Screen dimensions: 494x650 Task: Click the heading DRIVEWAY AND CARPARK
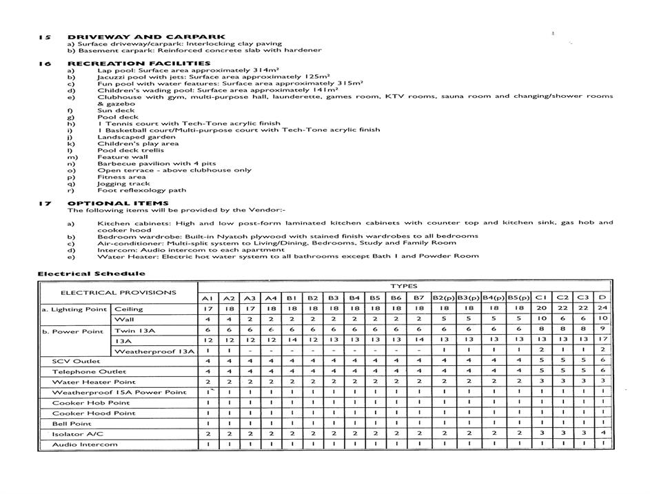(146, 37)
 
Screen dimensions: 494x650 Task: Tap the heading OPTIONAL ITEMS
(118, 203)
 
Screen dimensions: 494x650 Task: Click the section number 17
(45, 203)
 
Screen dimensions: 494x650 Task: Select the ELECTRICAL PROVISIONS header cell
(118, 292)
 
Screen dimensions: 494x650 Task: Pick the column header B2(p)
(443, 298)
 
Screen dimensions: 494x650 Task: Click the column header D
(602, 298)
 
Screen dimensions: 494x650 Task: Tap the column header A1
(207, 298)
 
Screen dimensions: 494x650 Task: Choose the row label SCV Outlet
(76, 361)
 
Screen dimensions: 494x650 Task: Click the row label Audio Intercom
(85, 444)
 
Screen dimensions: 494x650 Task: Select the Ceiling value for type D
(602, 309)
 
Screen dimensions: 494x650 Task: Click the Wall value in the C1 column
(541, 319)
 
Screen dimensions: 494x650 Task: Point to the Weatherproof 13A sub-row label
(154, 351)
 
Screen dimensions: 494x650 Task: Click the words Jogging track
(123, 184)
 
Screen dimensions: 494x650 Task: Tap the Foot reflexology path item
(141, 191)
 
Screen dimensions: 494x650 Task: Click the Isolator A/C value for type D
(602, 433)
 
